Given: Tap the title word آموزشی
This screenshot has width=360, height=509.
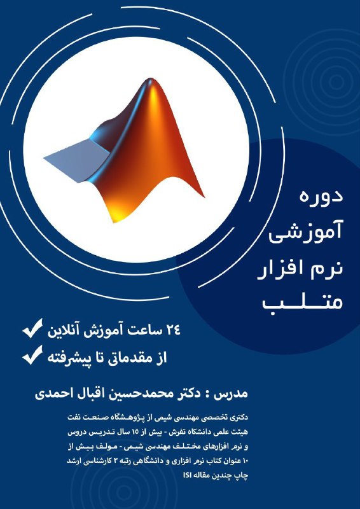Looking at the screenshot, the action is click(x=305, y=233).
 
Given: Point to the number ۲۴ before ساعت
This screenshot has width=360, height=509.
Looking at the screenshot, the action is click(x=172, y=331).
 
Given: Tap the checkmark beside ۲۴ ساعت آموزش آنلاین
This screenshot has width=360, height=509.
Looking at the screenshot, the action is click(x=32, y=328).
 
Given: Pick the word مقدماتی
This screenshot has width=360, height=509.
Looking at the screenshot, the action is click(x=133, y=358).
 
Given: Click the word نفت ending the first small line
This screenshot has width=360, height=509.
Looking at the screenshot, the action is click(x=73, y=417).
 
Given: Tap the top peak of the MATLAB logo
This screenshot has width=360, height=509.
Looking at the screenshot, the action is click(x=150, y=80).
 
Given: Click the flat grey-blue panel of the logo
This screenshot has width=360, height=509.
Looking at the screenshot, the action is click(x=76, y=160).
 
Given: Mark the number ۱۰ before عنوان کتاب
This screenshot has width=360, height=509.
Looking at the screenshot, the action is click(x=245, y=461).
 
